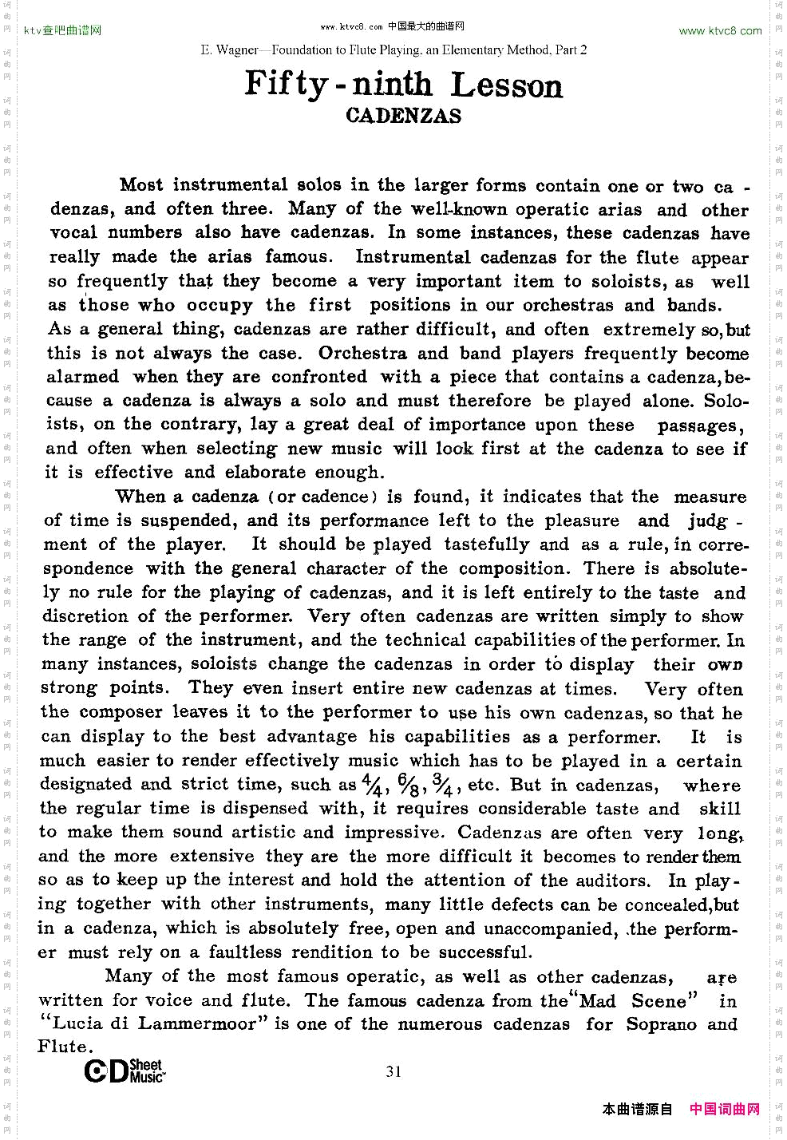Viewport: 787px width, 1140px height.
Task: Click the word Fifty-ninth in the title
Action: pyautogui.click(x=338, y=84)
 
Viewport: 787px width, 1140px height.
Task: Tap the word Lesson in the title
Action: pyautogui.click(x=507, y=85)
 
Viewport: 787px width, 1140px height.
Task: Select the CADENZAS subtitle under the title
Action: pyautogui.click(x=403, y=116)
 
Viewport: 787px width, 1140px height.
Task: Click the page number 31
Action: pyautogui.click(x=393, y=1071)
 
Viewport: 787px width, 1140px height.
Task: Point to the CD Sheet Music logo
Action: pyautogui.click(x=125, y=1071)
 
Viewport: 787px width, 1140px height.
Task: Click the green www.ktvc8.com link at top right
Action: pyautogui.click(x=720, y=31)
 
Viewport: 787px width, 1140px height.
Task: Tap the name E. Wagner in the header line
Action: pyautogui.click(x=229, y=49)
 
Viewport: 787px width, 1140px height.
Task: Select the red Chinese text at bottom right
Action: pyautogui.click(x=725, y=1109)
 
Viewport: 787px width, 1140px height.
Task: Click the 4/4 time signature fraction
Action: pyautogui.click(x=372, y=786)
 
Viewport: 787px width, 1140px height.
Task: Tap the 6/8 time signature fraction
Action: pyautogui.click(x=408, y=786)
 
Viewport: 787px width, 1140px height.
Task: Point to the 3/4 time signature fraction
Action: pyautogui.click(x=443, y=786)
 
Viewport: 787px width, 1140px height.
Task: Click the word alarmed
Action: pyautogui.click(x=82, y=377)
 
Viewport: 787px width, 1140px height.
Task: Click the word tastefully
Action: pyautogui.click(x=487, y=544)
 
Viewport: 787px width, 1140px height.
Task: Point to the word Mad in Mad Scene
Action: pyautogui.click(x=598, y=1001)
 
